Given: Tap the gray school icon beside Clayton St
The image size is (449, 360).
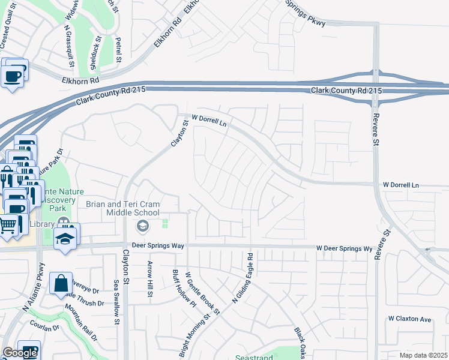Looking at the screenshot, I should tap(142, 226).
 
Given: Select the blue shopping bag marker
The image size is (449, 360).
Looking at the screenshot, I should tap(61, 283).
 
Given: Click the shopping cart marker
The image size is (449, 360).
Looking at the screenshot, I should tap(8, 226).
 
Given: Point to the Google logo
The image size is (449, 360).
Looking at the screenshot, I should tap(20, 353).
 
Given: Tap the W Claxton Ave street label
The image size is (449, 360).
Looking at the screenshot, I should tap(410, 319).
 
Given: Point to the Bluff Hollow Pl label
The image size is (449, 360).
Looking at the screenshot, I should tap(176, 289).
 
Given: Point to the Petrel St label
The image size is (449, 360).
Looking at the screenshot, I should tap(119, 52).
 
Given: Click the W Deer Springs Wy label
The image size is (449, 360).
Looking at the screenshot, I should tap(345, 248).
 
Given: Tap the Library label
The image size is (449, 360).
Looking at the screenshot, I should tap(41, 224).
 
